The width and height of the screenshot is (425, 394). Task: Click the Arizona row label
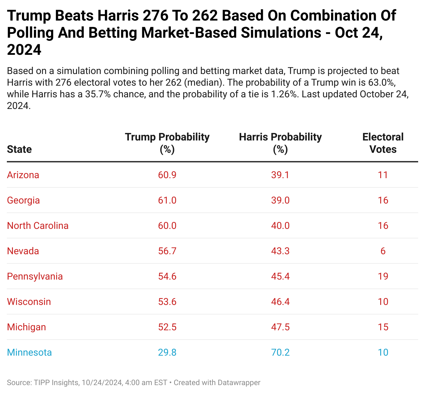(x=23, y=175)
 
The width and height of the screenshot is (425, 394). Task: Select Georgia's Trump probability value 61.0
(x=167, y=200)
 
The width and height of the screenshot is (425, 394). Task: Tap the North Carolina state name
(x=38, y=226)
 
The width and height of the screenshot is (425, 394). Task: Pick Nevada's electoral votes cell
(x=383, y=251)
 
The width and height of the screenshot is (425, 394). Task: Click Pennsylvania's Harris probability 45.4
(x=280, y=276)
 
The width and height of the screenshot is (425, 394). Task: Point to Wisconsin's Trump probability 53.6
(x=167, y=302)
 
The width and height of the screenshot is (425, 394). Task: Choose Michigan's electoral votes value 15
(x=383, y=327)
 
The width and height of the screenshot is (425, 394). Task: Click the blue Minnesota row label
(x=29, y=353)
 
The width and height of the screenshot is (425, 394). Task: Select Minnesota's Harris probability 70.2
(x=280, y=353)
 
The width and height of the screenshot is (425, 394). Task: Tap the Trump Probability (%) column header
(x=167, y=143)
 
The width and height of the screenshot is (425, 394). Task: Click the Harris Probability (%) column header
(x=280, y=143)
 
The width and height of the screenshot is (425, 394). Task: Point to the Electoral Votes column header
(x=383, y=143)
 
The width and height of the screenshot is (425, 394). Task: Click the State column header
(x=19, y=149)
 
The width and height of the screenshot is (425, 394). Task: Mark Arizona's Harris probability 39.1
(x=280, y=175)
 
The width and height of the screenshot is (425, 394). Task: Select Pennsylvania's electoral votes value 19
(x=383, y=276)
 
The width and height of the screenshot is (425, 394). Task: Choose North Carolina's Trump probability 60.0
(x=167, y=226)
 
